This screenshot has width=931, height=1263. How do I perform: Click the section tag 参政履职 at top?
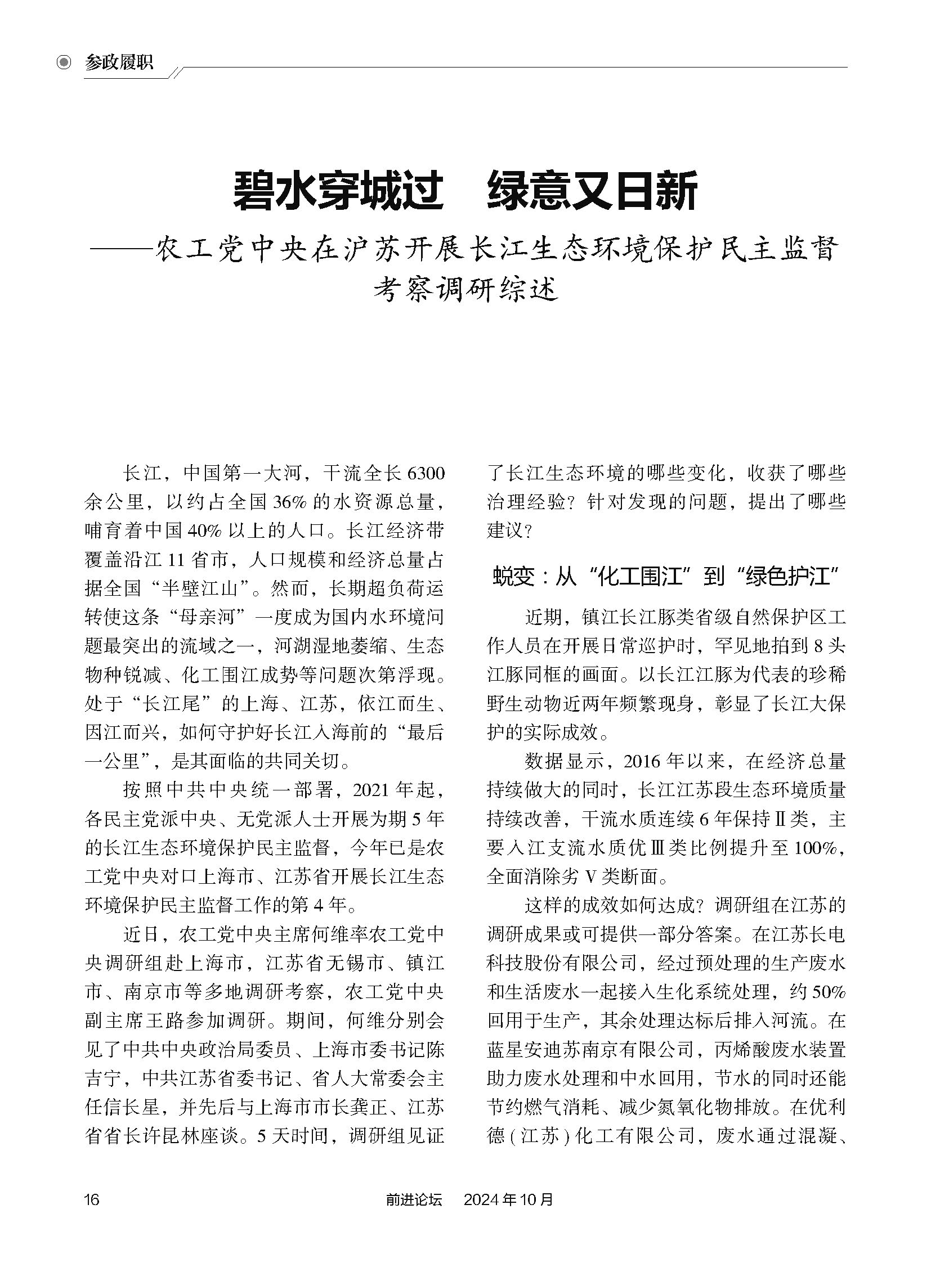119,62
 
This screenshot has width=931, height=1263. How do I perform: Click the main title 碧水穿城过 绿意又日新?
465,191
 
